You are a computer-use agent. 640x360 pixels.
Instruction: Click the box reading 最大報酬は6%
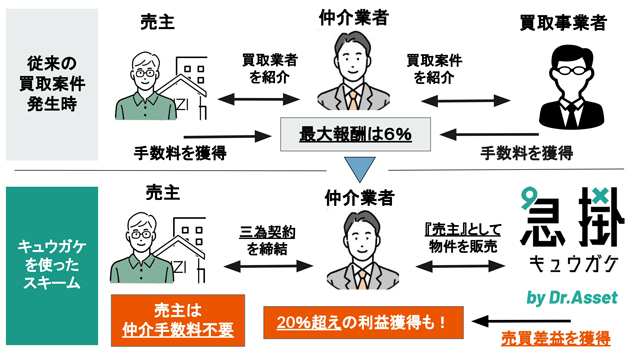tap(355, 134)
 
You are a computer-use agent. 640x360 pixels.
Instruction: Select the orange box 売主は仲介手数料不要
tap(178, 320)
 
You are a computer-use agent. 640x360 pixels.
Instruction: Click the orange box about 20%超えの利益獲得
tap(363, 322)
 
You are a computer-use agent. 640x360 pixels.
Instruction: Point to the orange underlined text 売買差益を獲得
tap(556, 338)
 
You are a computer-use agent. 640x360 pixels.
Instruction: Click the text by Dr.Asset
tap(572, 298)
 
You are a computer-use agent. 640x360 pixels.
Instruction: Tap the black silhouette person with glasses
tap(571, 87)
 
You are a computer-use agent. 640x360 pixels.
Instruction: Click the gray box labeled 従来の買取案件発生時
tap(52, 84)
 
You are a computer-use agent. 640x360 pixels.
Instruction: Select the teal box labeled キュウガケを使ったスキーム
tap(52, 266)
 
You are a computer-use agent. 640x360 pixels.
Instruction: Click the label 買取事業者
tap(563, 23)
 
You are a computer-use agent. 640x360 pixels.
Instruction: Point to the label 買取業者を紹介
tap(270, 68)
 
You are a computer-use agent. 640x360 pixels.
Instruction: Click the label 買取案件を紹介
tap(434, 69)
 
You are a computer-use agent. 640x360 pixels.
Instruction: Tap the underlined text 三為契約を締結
tap(267, 240)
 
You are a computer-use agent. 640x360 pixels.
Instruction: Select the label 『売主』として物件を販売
tap(463, 238)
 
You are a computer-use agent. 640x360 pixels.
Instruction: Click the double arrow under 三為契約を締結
tap(269, 267)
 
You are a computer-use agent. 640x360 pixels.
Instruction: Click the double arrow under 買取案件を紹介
tap(465, 100)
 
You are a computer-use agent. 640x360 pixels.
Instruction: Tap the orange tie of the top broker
tap(353, 101)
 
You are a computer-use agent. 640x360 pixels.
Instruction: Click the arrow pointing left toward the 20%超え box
tap(521, 321)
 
